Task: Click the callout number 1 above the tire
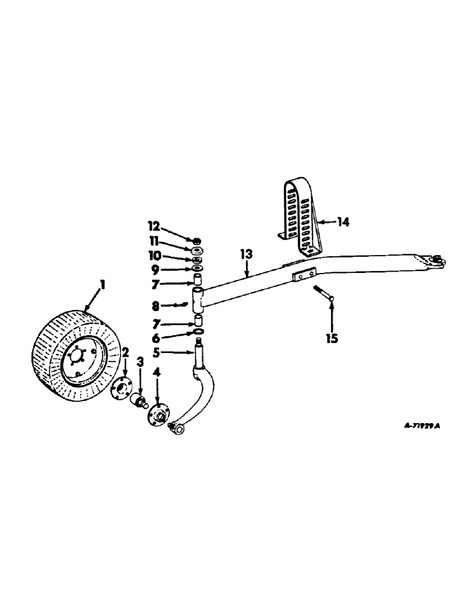coord(103,285)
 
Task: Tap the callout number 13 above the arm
coord(246,254)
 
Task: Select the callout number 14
coord(343,221)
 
